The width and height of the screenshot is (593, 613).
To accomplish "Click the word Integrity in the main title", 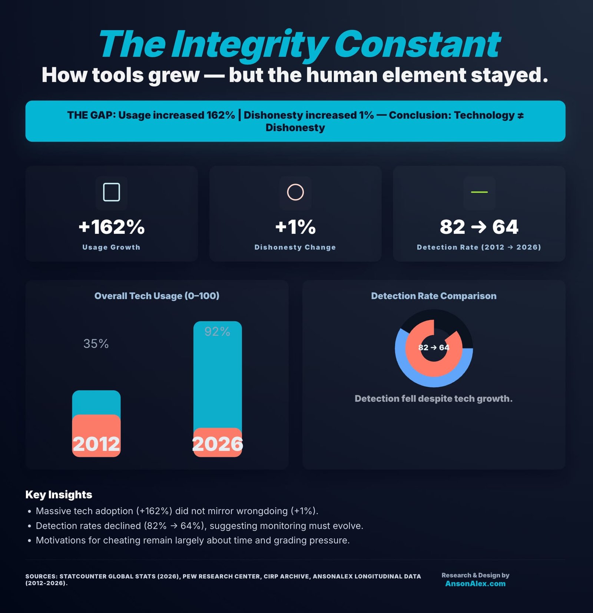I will coord(249,45).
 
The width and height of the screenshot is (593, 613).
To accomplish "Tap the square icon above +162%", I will coord(111,192).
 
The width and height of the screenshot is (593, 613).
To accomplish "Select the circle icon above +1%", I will coord(295,192).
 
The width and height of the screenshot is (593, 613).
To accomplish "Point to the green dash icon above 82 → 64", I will coord(479,192).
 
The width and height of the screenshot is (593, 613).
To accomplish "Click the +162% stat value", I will coord(112,227).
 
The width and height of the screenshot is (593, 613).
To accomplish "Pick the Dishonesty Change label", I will coord(295,247).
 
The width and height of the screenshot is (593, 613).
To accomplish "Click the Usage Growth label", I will coord(111,247).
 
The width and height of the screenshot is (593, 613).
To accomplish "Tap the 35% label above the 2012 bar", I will coord(96,344).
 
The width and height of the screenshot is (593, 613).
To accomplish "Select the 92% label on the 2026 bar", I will coord(217,331).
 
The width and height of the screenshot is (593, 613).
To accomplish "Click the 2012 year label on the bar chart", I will coord(96,444).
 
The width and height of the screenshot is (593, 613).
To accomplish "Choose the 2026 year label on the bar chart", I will coord(218,444).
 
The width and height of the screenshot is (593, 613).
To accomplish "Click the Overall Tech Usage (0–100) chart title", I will coord(157,296).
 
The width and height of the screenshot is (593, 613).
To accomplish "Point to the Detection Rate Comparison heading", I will coord(434,296).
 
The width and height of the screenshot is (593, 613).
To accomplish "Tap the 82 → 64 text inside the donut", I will coord(434,348).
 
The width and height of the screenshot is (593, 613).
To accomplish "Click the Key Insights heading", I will coord(59,494).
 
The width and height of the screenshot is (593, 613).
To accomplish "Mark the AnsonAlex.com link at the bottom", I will coord(475,583).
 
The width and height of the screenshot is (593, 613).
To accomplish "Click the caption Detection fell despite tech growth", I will coord(434,398).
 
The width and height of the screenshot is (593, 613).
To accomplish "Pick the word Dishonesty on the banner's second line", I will coord(295,127).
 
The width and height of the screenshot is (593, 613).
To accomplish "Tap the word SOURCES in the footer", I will coord(41,576).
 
